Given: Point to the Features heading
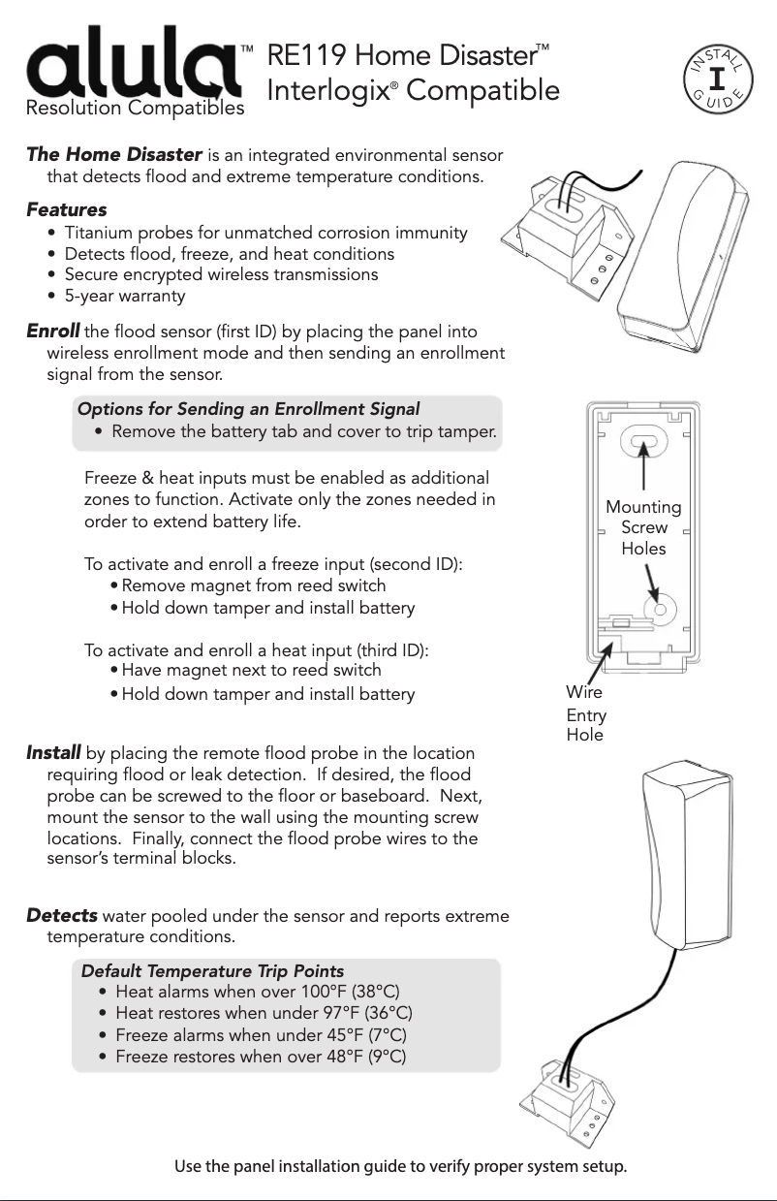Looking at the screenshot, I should click(67, 209).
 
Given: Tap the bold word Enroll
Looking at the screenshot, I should click(53, 333).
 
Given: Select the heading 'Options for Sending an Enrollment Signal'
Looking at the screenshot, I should click(248, 408).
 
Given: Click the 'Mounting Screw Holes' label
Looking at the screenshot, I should click(643, 527).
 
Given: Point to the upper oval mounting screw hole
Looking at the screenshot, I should click(643, 444).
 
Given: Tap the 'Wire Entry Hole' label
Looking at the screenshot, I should click(585, 713).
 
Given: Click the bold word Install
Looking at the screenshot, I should click(53, 753).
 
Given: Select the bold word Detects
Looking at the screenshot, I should click(62, 916).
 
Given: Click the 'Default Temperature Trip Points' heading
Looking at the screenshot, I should click(212, 971).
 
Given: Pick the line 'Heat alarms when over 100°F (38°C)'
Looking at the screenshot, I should click(257, 992).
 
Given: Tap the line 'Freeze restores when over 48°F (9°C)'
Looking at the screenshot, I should click(261, 1056).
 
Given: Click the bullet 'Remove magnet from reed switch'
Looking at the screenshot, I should click(253, 585).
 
